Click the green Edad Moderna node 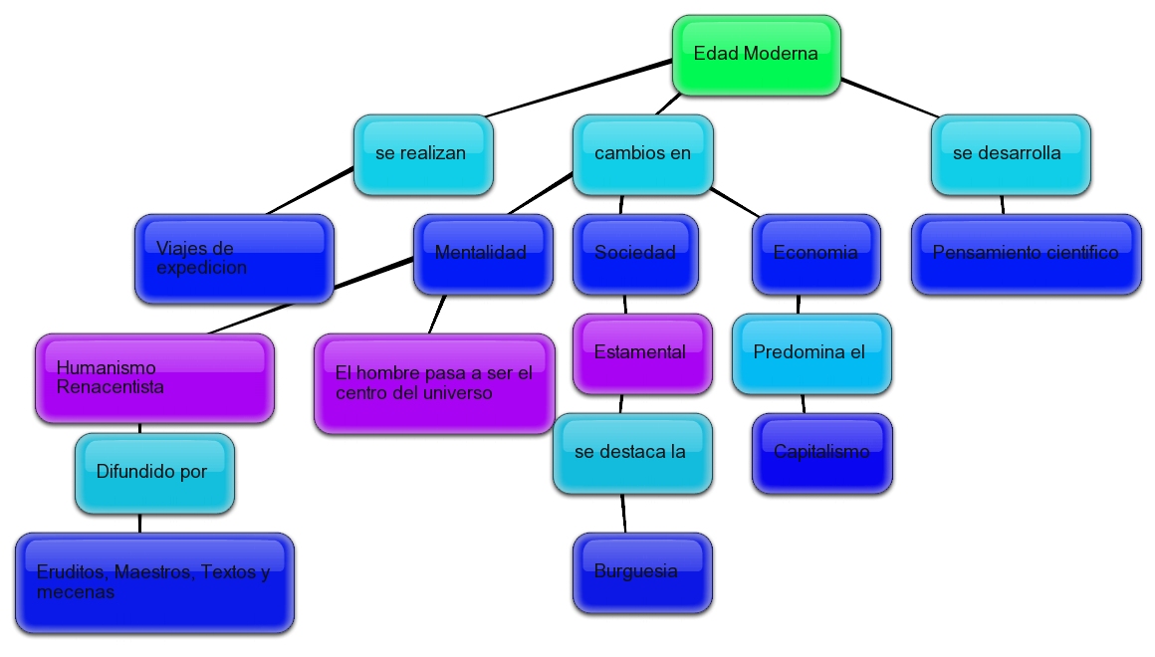tap(756, 55)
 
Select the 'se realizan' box tap(423, 154)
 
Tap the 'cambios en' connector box tap(642, 154)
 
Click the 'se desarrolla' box tap(1011, 154)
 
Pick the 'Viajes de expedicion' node tap(234, 258)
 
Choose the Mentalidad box tap(483, 254)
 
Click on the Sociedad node tap(636, 254)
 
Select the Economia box tap(816, 254)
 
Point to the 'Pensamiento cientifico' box tap(1026, 254)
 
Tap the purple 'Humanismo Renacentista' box tap(154, 378)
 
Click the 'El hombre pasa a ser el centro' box tap(434, 383)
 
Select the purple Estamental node tap(642, 353)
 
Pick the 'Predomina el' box tap(811, 353)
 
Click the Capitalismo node tap(821, 453)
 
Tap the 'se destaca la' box tap(632, 453)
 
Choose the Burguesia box tap(642, 572)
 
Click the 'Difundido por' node tap(154, 473)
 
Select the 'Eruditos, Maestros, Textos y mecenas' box tap(154, 582)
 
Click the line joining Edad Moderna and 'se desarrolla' tap(888, 98)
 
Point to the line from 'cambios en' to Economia tap(736, 202)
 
